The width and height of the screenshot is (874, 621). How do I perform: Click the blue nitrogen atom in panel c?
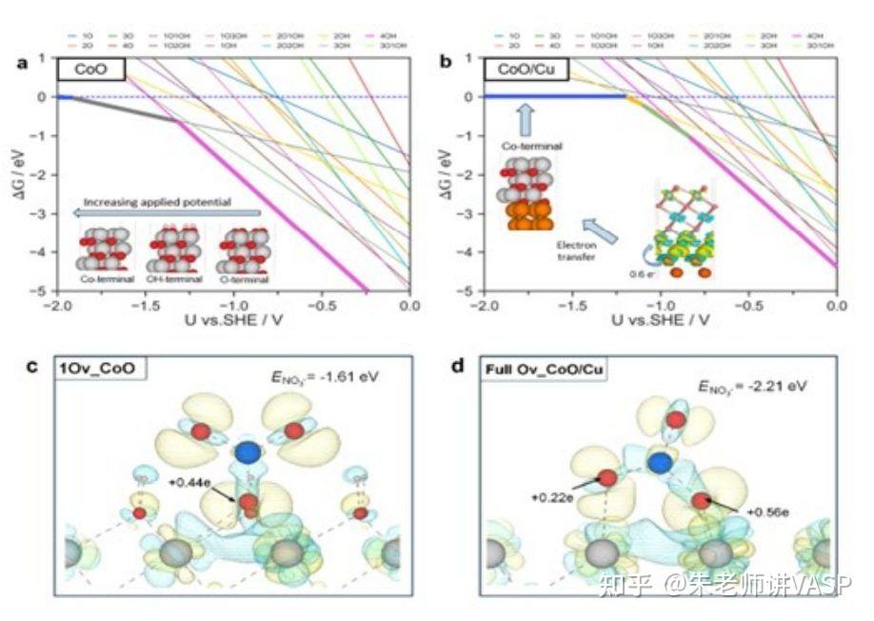click(247, 451)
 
